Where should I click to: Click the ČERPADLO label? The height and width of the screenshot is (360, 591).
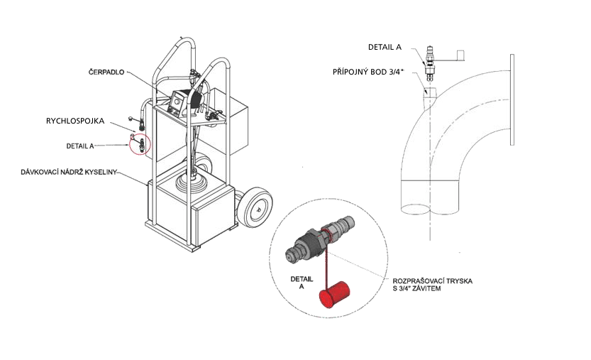[x=106, y=72]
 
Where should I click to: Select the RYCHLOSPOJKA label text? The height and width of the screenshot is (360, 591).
[x=75, y=121]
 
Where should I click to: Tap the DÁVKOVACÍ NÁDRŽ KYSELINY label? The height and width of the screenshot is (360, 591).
[x=69, y=172]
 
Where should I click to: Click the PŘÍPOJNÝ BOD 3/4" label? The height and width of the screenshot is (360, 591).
[x=368, y=72]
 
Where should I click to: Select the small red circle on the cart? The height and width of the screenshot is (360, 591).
[x=140, y=144]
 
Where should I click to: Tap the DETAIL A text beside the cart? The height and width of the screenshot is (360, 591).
[x=80, y=146]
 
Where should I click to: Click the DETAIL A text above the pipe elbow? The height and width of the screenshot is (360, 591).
[x=385, y=47]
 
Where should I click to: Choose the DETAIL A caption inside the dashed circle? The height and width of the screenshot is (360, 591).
[x=302, y=283]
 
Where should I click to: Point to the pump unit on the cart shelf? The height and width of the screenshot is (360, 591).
[x=186, y=101]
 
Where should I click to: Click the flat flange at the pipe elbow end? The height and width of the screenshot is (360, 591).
[x=512, y=99]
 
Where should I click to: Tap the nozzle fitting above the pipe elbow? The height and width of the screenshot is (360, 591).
[x=430, y=63]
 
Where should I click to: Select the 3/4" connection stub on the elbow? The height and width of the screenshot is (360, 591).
[x=429, y=94]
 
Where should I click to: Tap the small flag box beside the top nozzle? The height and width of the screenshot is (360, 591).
[x=460, y=55]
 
